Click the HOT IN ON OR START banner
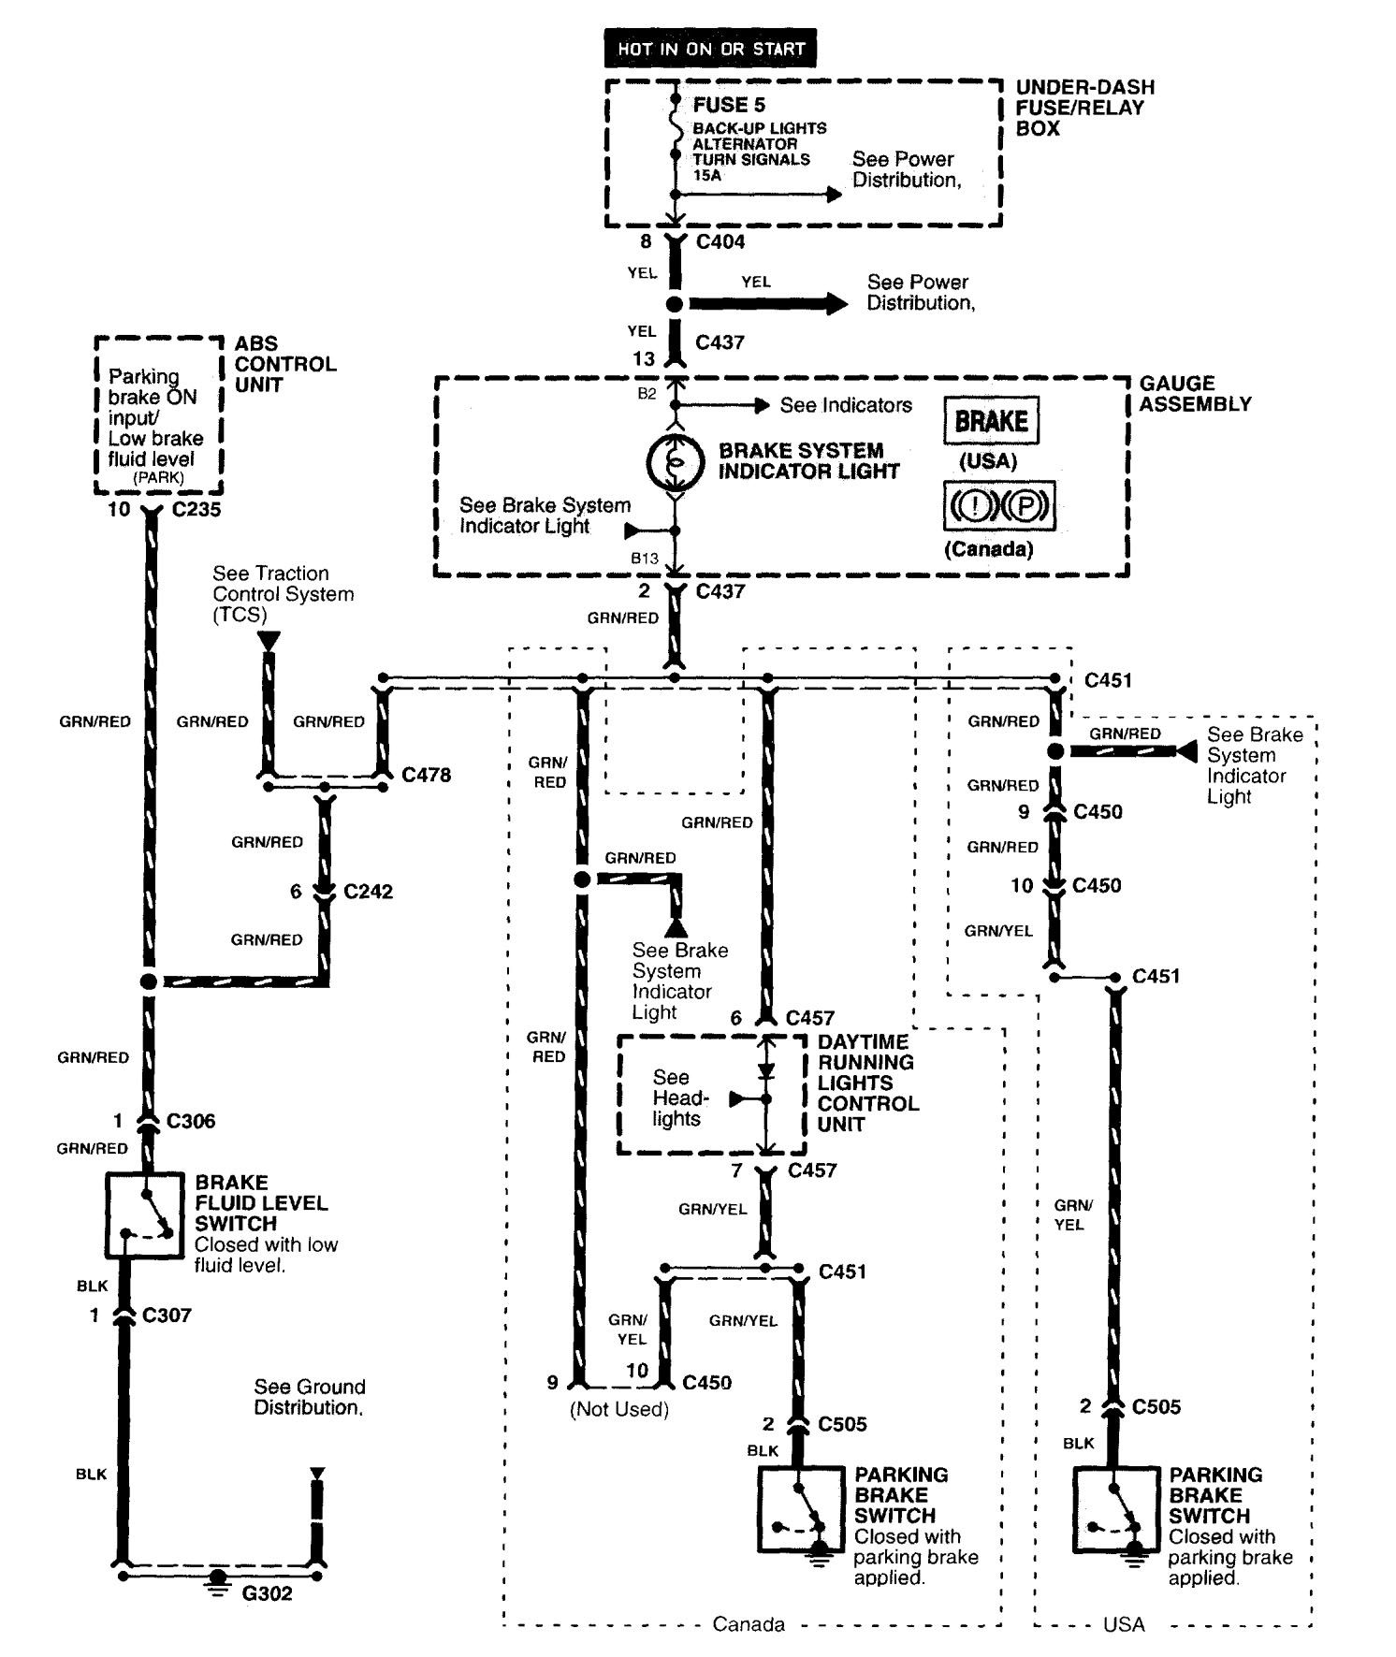710,49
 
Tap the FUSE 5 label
729,106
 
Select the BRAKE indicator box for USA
991,422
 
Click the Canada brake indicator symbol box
998,506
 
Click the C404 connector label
720,242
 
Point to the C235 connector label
196,510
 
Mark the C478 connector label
426,776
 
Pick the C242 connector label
368,892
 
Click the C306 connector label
191,1121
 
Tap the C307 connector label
167,1315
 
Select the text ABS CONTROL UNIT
284,364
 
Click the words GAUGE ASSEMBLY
1195,394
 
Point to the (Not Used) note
618,1409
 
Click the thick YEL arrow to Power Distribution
767,304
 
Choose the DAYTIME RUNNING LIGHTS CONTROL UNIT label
867,1083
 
